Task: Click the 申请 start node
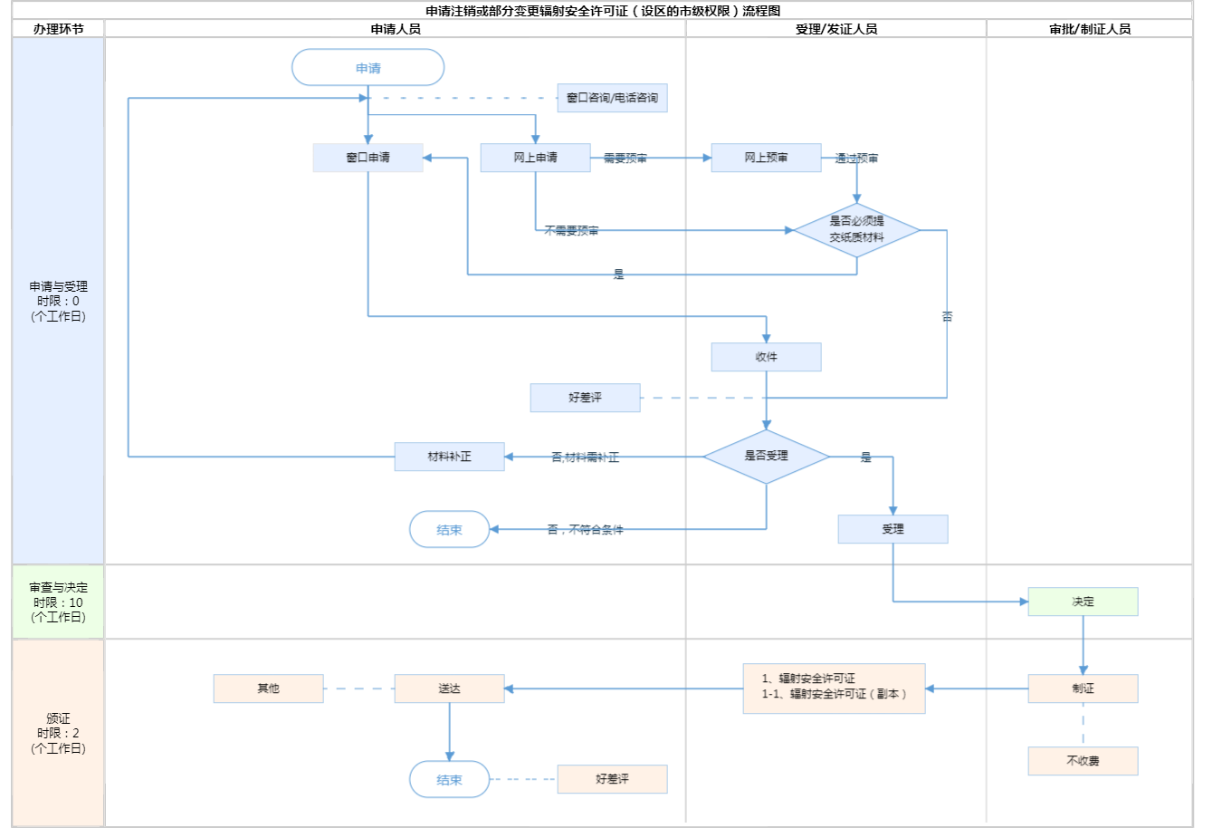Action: pos(368,68)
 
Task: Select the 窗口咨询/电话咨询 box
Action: pos(612,98)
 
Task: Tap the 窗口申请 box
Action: pos(368,158)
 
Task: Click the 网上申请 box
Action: pos(535,158)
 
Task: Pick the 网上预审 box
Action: pos(766,158)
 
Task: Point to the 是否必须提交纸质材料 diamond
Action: pos(856,229)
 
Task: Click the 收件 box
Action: pos(766,357)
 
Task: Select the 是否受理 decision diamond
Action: pos(766,456)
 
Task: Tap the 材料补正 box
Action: pos(449,457)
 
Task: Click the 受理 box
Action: pos(893,529)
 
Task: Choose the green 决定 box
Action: pos(1083,602)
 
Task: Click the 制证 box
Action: pos(1083,688)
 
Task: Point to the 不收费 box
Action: pos(1083,761)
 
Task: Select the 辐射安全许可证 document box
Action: pos(834,688)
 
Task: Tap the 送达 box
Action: pos(449,688)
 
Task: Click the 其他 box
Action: pos(268,688)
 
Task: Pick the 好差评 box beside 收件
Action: pos(585,398)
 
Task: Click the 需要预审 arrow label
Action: pos(625,159)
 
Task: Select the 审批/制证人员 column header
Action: pos(1090,29)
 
